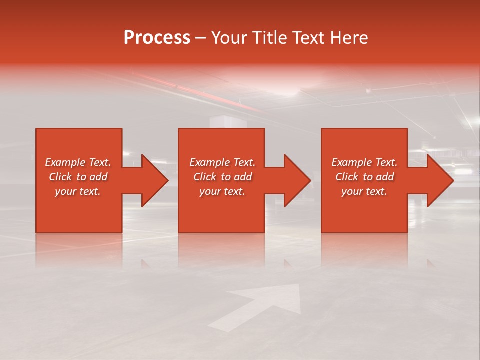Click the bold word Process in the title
tap(157, 38)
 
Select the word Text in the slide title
tap(308, 38)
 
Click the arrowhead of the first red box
tap(152, 180)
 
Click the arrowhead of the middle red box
tap(295, 180)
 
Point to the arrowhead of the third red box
tap(438, 180)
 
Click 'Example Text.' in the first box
tap(78, 162)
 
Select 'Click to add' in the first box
tap(78, 177)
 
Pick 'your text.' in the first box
tap(78, 191)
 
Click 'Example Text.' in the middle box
tap(222, 162)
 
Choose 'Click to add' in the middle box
tap(222, 177)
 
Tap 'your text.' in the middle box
tap(222, 191)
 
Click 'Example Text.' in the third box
tap(364, 162)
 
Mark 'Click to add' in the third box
tap(364, 177)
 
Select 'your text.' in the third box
tap(364, 191)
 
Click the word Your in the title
tap(229, 38)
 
